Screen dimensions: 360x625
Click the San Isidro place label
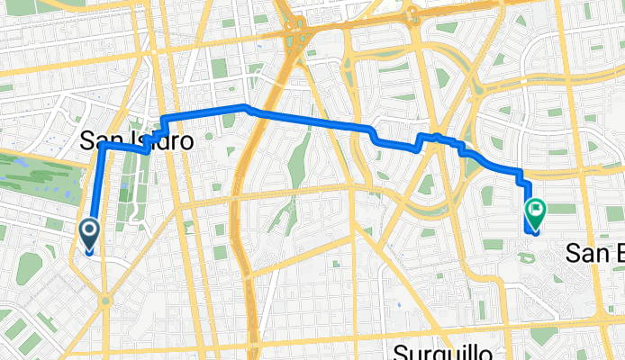[x=136, y=140]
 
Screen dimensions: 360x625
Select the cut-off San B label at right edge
[x=594, y=254]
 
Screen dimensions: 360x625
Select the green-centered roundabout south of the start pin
[x=105, y=301]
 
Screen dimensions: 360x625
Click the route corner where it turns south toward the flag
[x=521, y=171]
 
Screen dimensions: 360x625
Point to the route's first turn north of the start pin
[x=101, y=144]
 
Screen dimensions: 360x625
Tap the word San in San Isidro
[x=98, y=140]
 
